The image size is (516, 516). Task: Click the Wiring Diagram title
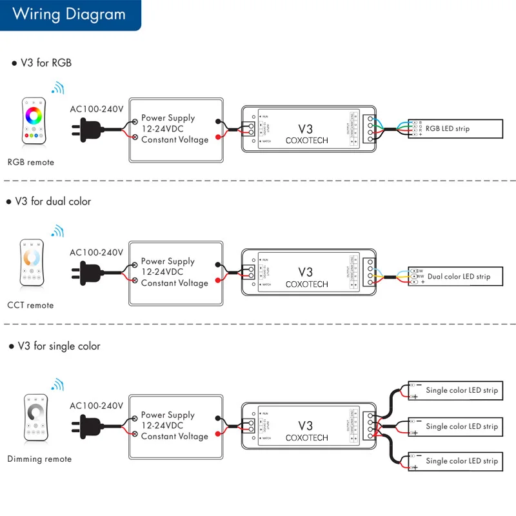[x=68, y=14]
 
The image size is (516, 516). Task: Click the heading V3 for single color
[x=57, y=346]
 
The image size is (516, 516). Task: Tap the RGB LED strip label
[x=448, y=129]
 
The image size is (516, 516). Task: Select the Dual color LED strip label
[x=459, y=277]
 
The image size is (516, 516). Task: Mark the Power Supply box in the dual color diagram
[x=175, y=273]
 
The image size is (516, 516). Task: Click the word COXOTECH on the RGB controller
[x=306, y=141]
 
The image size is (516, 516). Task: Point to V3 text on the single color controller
[x=305, y=426]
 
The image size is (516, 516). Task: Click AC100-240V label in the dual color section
[x=96, y=252]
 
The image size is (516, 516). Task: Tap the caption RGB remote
[x=31, y=163]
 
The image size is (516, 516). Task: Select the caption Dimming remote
[x=39, y=459]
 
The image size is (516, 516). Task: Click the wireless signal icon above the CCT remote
[x=58, y=231]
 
